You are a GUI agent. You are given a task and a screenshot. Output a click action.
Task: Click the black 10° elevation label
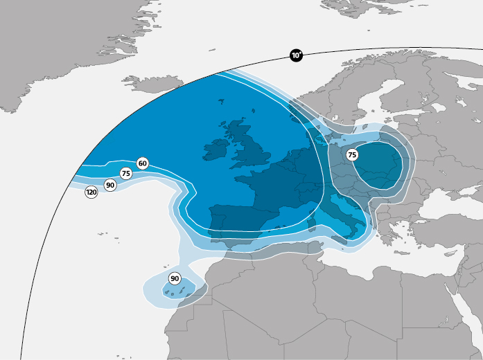[x=296, y=55]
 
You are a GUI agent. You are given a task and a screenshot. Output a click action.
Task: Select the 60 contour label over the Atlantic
[x=142, y=163]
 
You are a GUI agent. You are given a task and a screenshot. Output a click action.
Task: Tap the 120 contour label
[x=91, y=192]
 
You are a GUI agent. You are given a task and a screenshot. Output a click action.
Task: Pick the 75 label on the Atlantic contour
[x=125, y=174]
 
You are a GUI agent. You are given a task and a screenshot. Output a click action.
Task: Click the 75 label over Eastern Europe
[x=352, y=155]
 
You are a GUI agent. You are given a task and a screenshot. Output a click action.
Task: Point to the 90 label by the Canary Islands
[x=175, y=278]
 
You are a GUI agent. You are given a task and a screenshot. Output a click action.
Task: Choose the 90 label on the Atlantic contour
[x=109, y=185]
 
